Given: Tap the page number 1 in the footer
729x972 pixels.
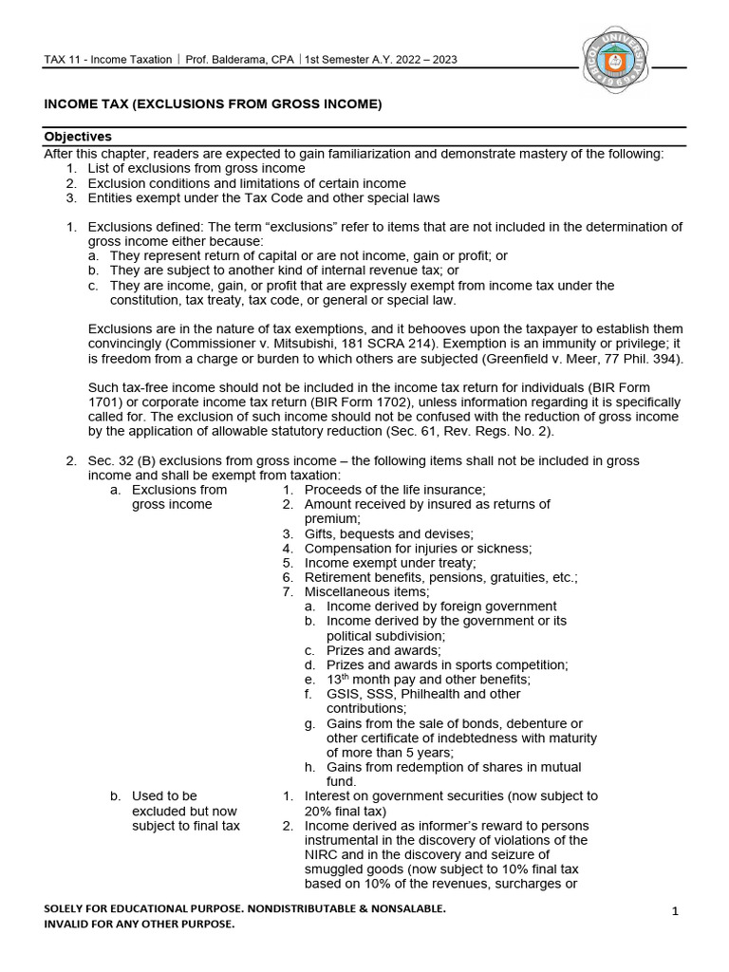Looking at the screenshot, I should (x=675, y=912).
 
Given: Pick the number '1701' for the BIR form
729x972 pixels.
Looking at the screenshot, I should (x=59, y=402).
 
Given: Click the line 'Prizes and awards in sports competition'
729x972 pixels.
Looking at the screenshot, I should (x=447, y=664).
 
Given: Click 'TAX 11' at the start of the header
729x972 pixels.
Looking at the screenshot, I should (x=64, y=60).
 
